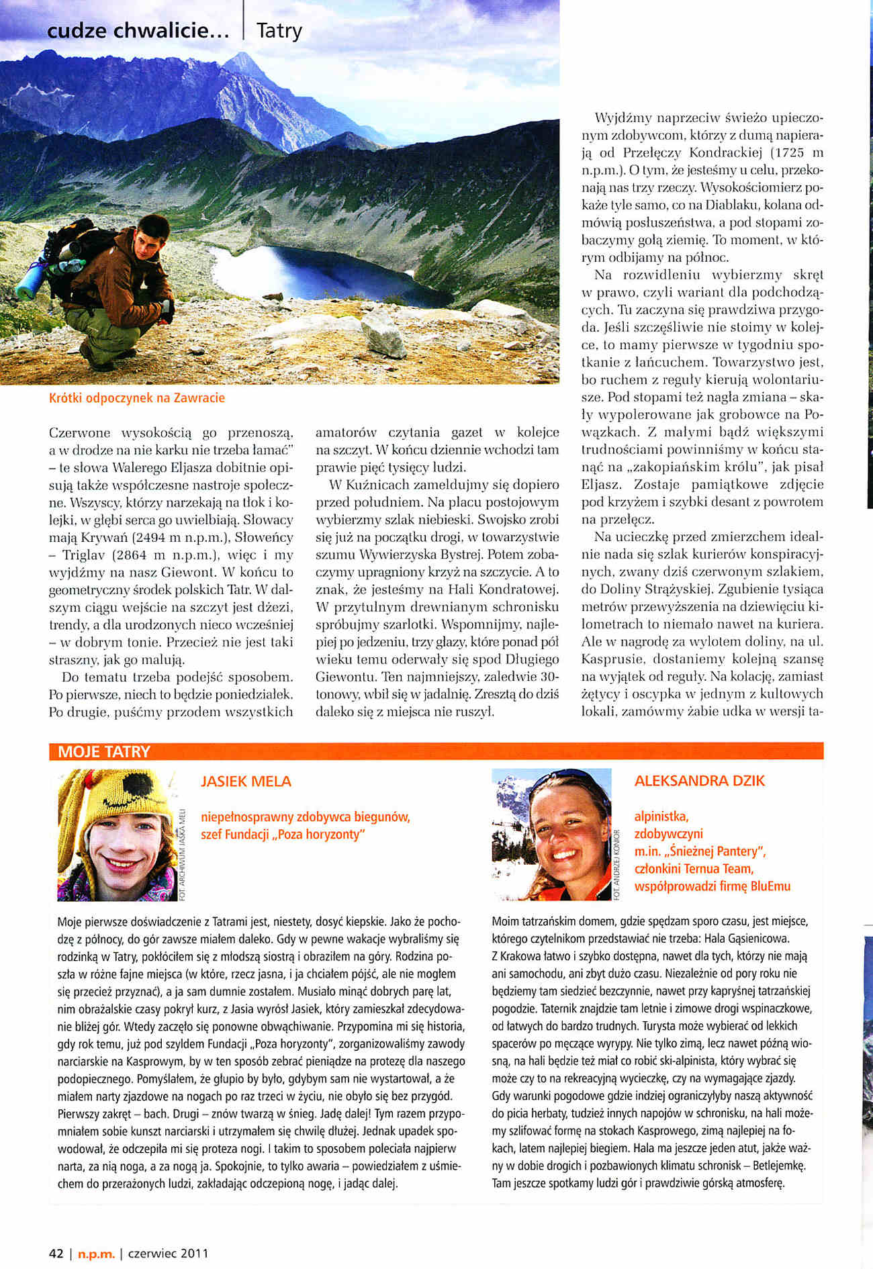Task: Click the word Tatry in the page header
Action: (x=279, y=31)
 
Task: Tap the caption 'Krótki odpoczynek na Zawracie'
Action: (x=137, y=397)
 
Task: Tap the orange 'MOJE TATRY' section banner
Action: (x=104, y=751)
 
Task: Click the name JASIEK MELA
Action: (x=246, y=781)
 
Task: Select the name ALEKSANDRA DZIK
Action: (x=699, y=780)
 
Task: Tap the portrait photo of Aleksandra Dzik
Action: (x=552, y=834)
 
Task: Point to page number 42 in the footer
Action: (x=56, y=1253)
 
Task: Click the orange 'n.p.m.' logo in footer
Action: (x=97, y=1254)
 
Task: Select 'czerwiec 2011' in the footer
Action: (x=168, y=1253)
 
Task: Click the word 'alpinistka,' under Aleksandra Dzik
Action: (x=661, y=816)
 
